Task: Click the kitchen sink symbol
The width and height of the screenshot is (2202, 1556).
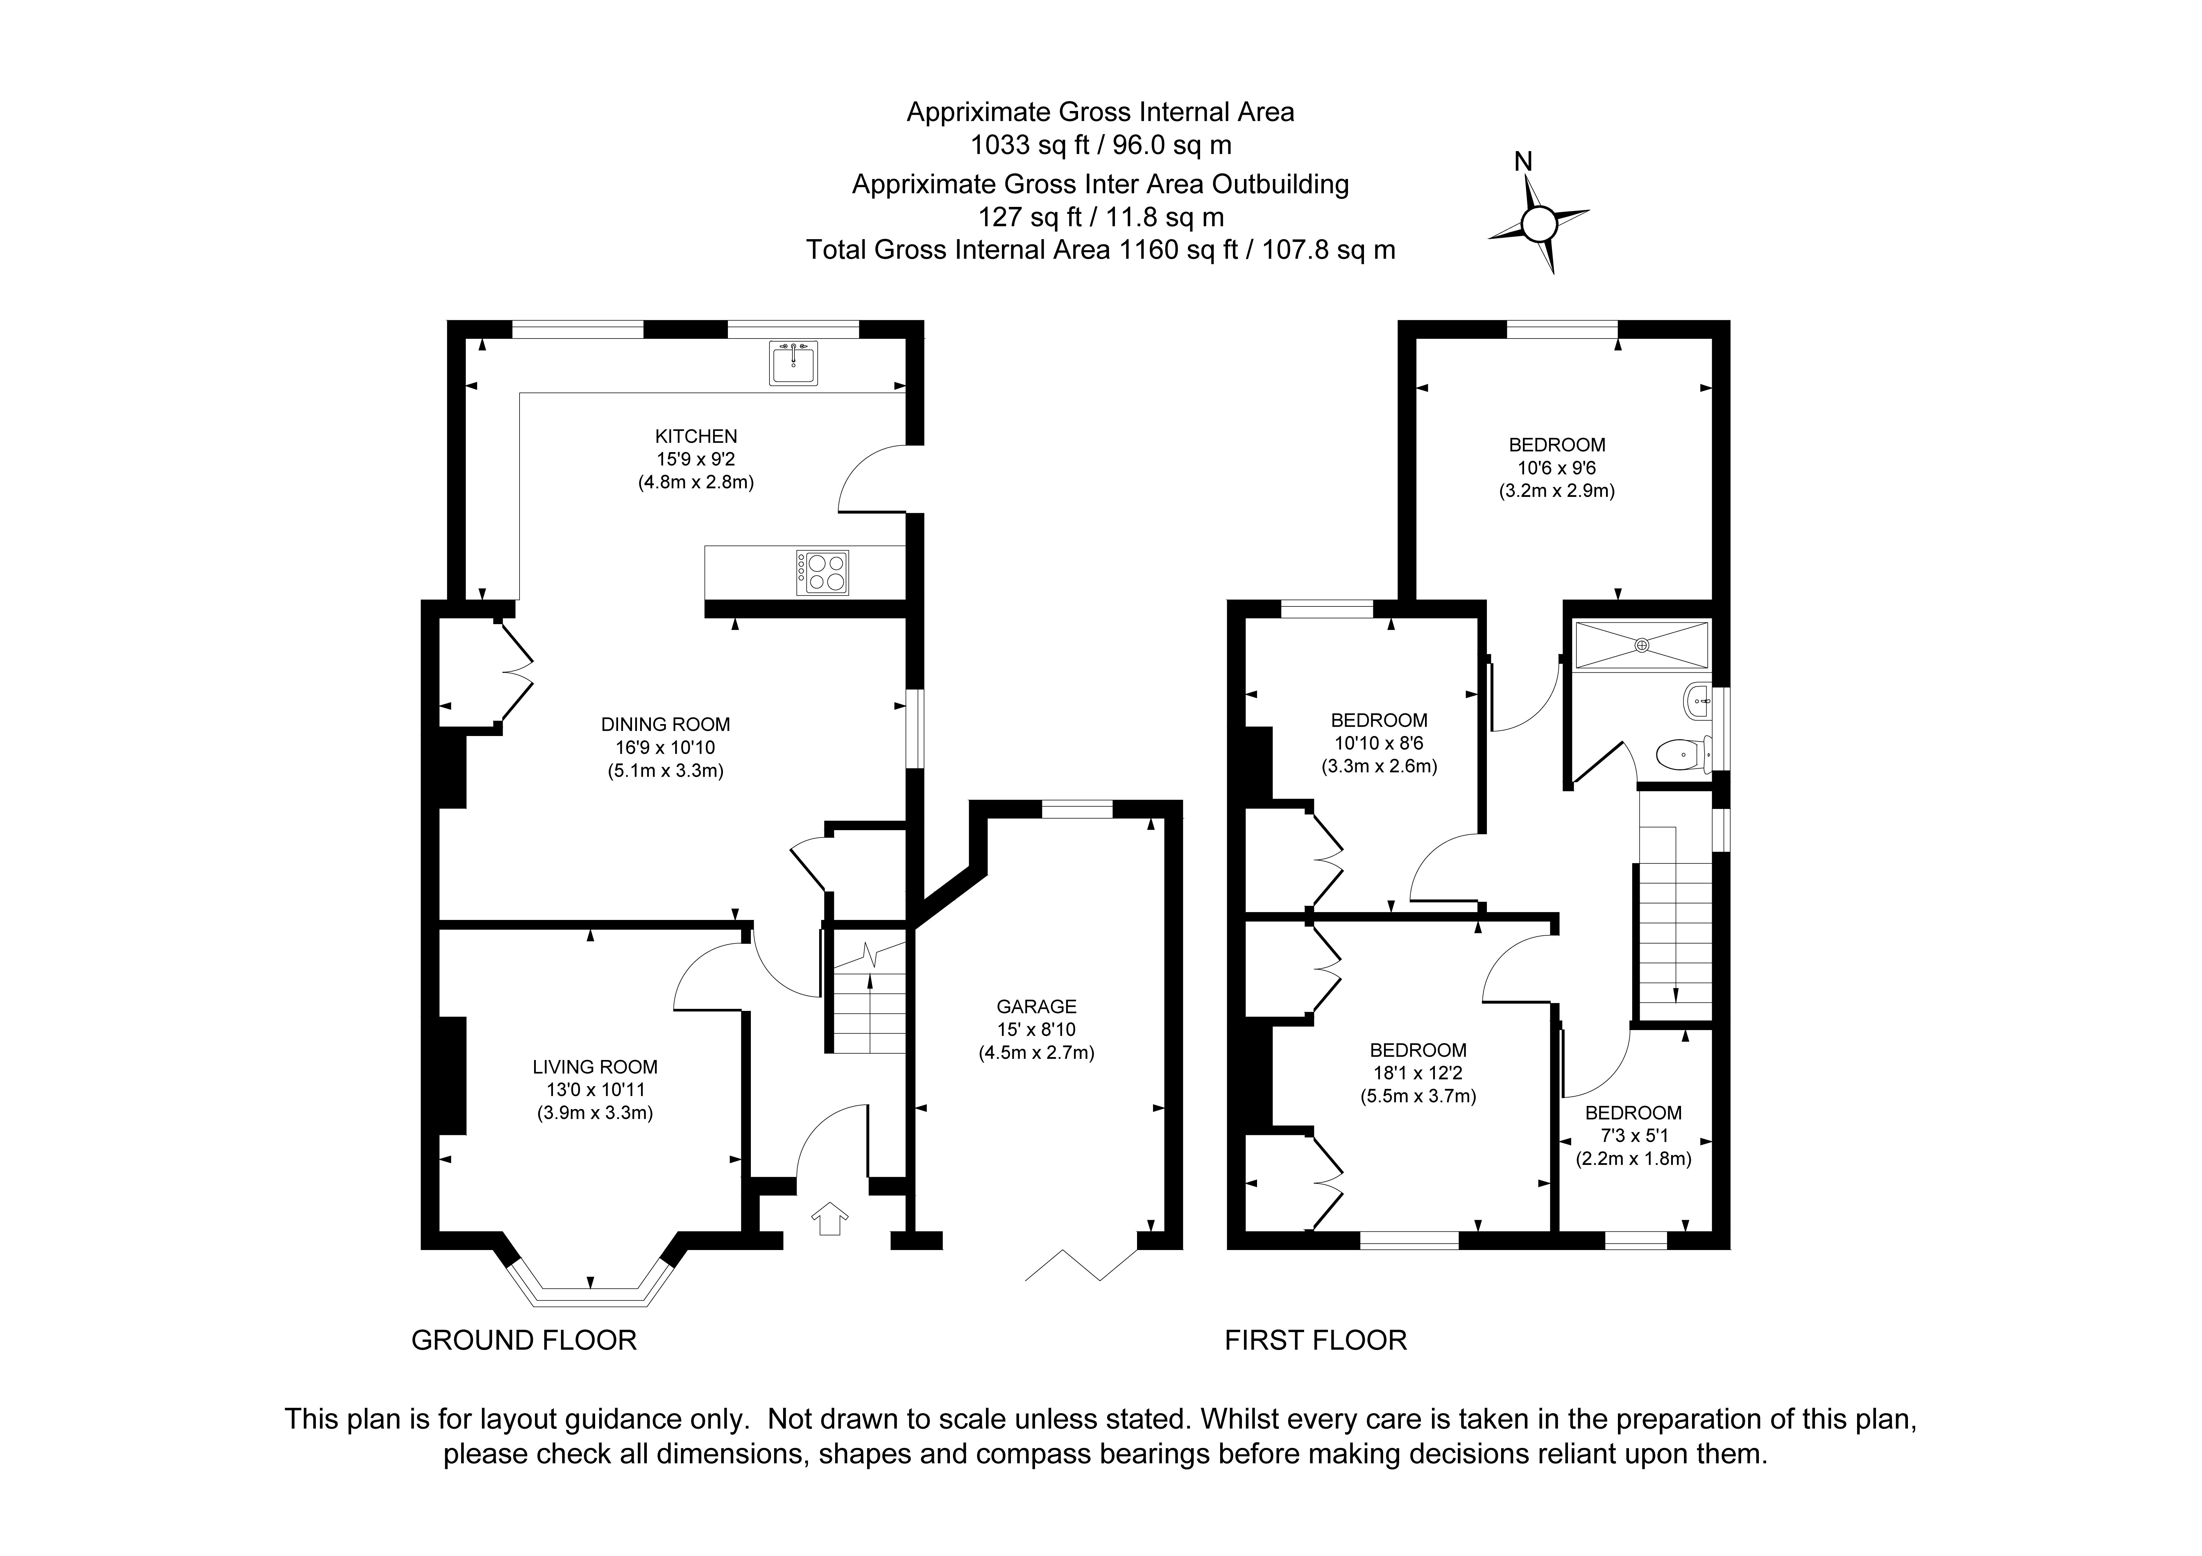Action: (793, 363)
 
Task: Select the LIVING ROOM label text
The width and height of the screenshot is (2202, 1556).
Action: (595, 1067)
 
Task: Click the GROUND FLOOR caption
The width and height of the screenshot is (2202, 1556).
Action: (524, 1340)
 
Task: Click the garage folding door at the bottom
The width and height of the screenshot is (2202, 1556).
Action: (1081, 1265)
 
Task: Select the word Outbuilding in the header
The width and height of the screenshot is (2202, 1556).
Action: (1276, 184)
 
